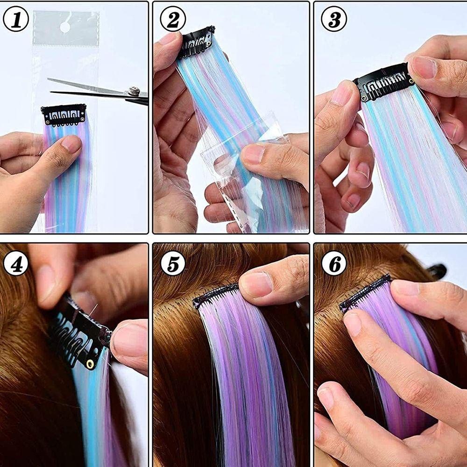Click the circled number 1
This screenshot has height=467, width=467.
pos(16,19)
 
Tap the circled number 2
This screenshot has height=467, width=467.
pos(173,19)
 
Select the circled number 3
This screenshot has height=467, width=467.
pos(334,19)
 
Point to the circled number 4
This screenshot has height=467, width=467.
pos(16,264)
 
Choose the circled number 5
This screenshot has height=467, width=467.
pos(173,263)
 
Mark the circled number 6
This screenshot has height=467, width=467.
pos(334,263)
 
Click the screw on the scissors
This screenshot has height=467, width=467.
pos(134,91)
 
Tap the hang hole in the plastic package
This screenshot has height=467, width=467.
pos(65,28)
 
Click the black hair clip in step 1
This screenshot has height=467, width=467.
pos(64,114)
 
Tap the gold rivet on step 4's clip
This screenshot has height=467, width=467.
pos(90,363)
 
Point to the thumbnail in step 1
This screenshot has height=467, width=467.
pos(71,144)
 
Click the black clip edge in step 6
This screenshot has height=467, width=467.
pos(366,292)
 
